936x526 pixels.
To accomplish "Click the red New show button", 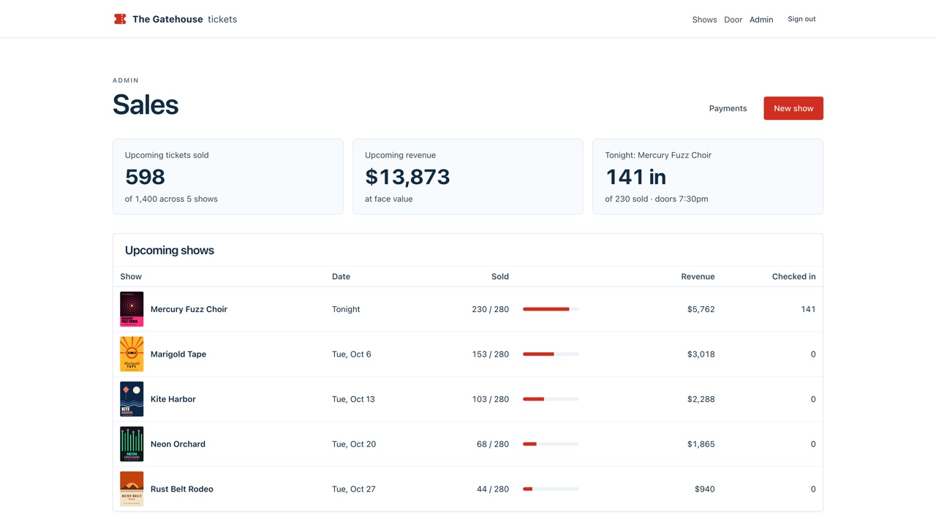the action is click(x=793, y=108).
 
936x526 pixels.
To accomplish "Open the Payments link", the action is click(x=728, y=108).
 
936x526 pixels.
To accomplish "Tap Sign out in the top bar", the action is click(x=801, y=19).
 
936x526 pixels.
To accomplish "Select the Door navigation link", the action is click(x=733, y=20).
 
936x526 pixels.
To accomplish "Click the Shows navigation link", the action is click(x=704, y=20).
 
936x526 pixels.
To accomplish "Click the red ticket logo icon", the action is click(x=120, y=19).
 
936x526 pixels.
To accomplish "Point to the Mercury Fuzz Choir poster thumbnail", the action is click(x=132, y=309).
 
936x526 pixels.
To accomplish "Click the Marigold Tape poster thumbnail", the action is click(x=132, y=354).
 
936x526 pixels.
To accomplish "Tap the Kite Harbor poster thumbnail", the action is click(x=132, y=399).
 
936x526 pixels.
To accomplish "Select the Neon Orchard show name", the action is click(x=178, y=443).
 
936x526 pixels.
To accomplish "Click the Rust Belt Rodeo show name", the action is click(x=181, y=489).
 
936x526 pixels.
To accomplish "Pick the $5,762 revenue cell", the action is click(x=701, y=309).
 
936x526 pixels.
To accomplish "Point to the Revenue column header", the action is click(x=698, y=276).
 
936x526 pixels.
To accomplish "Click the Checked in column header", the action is click(x=793, y=276).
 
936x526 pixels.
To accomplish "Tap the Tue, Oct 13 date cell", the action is click(x=353, y=399).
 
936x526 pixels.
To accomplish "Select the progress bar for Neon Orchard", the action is click(x=551, y=443).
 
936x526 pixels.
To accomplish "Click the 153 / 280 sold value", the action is click(x=490, y=354).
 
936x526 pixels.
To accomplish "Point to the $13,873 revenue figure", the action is click(x=407, y=177).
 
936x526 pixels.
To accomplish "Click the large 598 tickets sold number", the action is click(x=145, y=177).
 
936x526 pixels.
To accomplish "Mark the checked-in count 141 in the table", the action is click(x=808, y=309).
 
